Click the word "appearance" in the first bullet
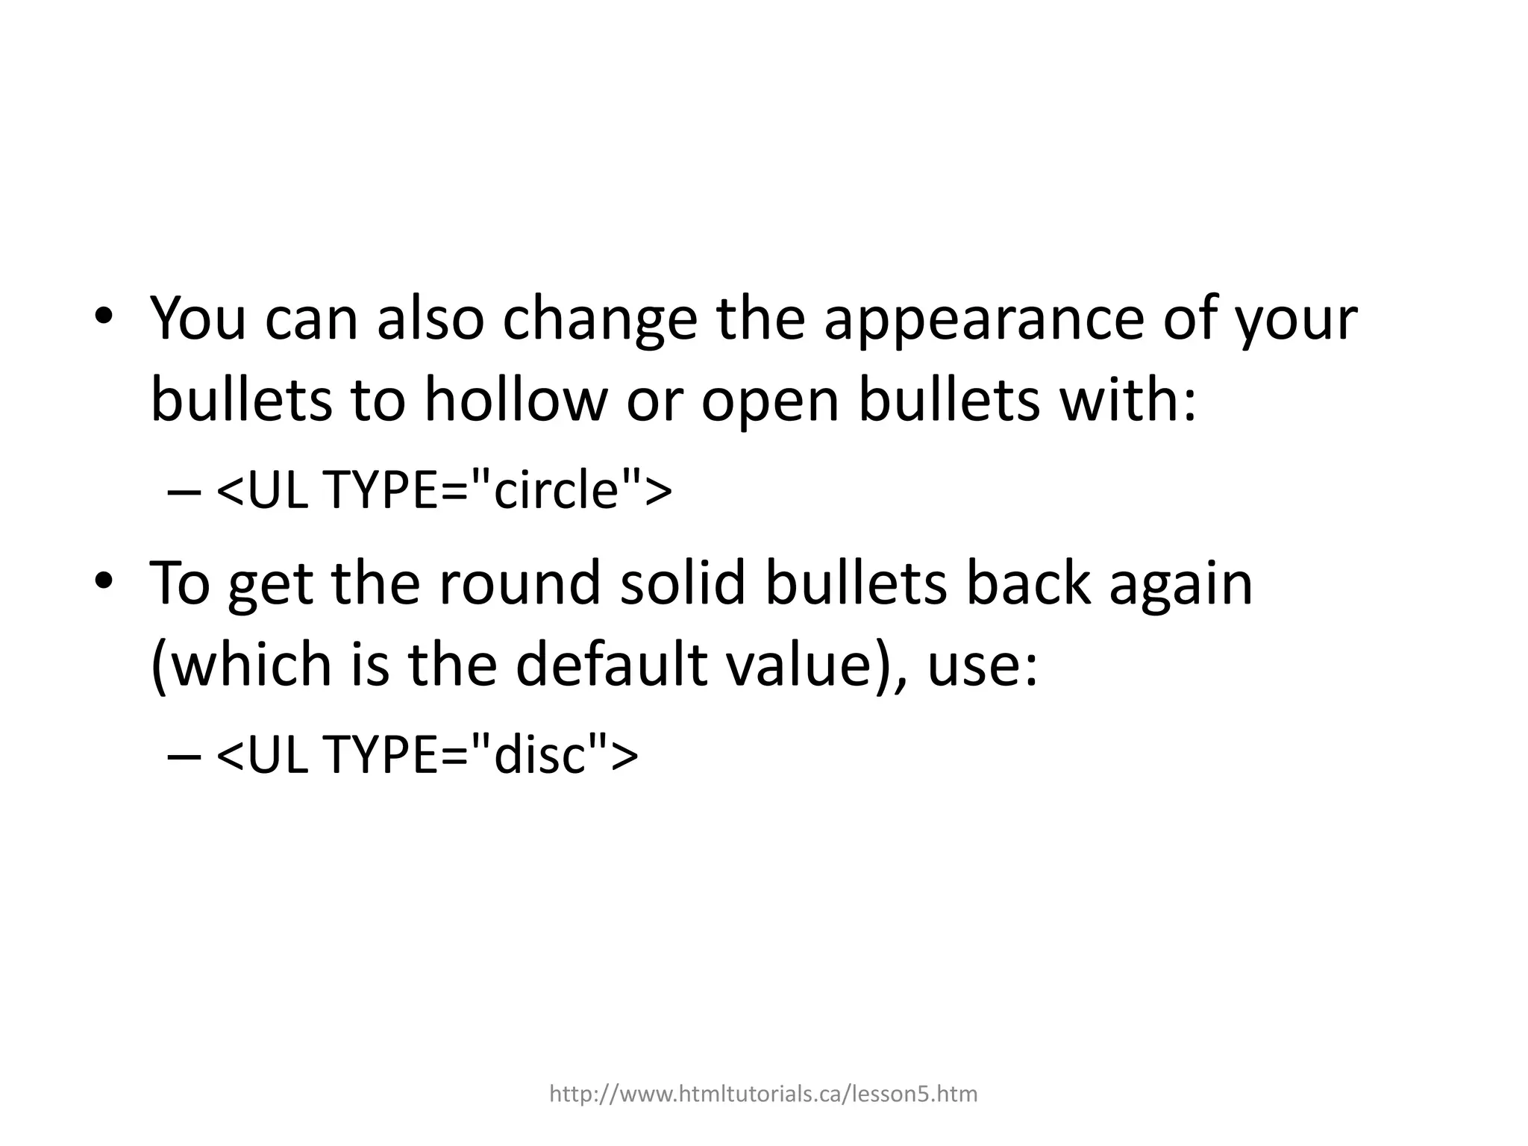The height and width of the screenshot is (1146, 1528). (x=983, y=319)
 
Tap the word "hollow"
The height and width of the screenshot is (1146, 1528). (x=516, y=401)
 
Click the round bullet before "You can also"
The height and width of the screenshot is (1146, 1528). (x=104, y=316)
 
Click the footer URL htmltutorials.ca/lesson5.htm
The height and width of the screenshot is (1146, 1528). (x=763, y=1094)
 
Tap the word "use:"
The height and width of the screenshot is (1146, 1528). (x=982, y=666)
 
